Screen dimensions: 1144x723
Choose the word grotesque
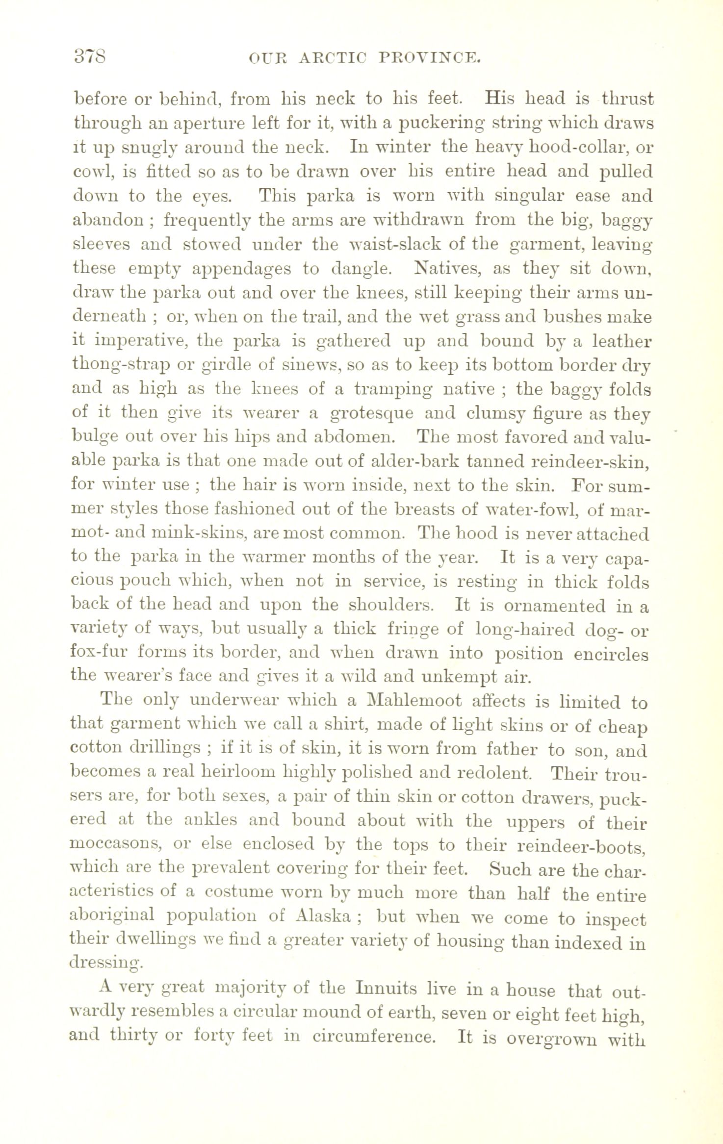tap(371, 413)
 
